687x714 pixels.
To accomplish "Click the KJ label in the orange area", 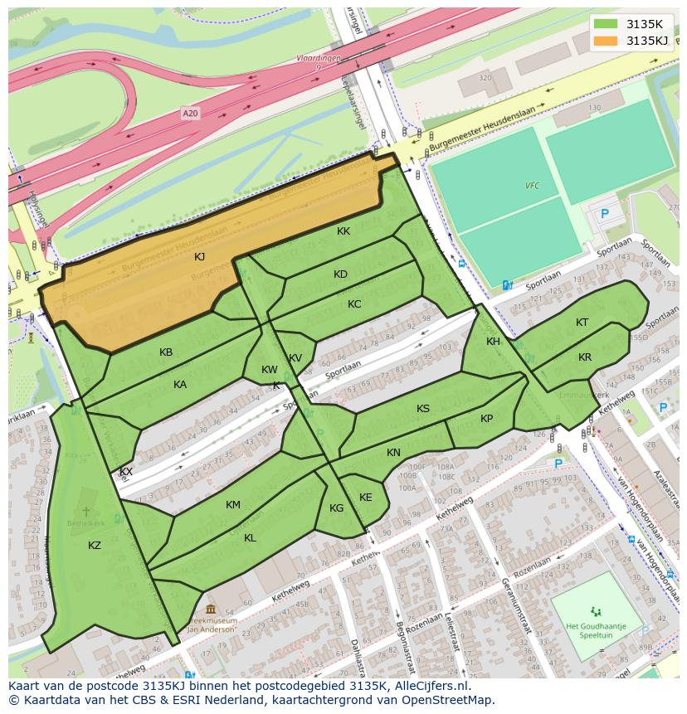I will pyautogui.click(x=199, y=257).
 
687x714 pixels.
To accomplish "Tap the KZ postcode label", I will pyautogui.click(x=95, y=545).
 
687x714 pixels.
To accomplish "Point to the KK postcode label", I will pyautogui.click(x=343, y=232).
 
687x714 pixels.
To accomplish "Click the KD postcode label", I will pyautogui.click(x=340, y=274).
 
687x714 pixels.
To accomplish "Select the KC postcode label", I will pyautogui.click(x=354, y=304).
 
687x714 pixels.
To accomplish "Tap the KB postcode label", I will pyautogui.click(x=166, y=352).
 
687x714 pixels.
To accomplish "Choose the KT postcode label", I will pyautogui.click(x=582, y=323).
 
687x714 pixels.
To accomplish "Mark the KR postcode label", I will pyautogui.click(x=585, y=357).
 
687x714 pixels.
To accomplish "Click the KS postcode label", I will pyautogui.click(x=423, y=409).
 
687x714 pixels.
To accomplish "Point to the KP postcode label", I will pyautogui.click(x=486, y=419).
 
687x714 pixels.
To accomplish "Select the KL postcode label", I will pyautogui.click(x=250, y=538).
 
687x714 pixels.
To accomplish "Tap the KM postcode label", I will pyautogui.click(x=233, y=505).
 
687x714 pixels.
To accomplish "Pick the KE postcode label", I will pyautogui.click(x=365, y=498).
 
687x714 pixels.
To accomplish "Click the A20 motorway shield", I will pyautogui.click(x=192, y=113).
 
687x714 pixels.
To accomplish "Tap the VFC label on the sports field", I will pyautogui.click(x=532, y=186).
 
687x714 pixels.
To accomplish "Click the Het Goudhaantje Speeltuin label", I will pyautogui.click(x=592, y=630).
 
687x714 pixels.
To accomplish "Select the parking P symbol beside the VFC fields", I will pyautogui.click(x=604, y=213).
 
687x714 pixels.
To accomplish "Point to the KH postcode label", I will pyautogui.click(x=494, y=342).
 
